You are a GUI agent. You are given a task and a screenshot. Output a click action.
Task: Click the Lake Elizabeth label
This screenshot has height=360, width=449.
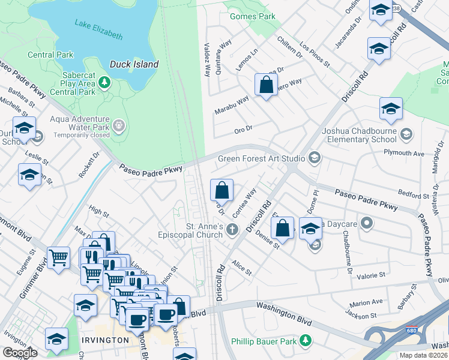[98, 30]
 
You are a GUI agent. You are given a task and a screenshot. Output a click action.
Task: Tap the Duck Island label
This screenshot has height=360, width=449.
[134, 64]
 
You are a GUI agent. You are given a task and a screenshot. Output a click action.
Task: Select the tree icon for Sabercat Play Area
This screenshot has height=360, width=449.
[105, 81]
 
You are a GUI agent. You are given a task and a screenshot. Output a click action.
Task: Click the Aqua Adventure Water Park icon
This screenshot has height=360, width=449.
[119, 125]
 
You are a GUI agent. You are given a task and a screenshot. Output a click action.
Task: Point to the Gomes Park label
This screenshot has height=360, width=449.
[253, 16]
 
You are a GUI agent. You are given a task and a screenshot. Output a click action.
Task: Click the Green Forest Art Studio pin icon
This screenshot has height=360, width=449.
[313, 158]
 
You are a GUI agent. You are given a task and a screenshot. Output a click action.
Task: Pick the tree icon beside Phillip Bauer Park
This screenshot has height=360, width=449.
[306, 340]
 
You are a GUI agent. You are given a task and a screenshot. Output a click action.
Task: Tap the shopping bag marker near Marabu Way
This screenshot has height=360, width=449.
[266, 85]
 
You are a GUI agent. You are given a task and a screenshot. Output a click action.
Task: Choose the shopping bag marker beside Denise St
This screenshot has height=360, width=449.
[282, 228]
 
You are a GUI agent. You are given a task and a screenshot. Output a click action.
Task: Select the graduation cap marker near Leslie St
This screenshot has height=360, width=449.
[29, 175]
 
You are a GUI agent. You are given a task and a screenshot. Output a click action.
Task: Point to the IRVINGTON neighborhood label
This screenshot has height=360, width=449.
[106, 340]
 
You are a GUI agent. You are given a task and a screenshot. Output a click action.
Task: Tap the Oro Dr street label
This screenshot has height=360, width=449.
[243, 128]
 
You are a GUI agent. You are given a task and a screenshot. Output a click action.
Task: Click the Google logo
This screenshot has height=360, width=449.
[20, 353]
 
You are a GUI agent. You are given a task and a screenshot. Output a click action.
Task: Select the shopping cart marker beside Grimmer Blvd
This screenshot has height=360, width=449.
[59, 258]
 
